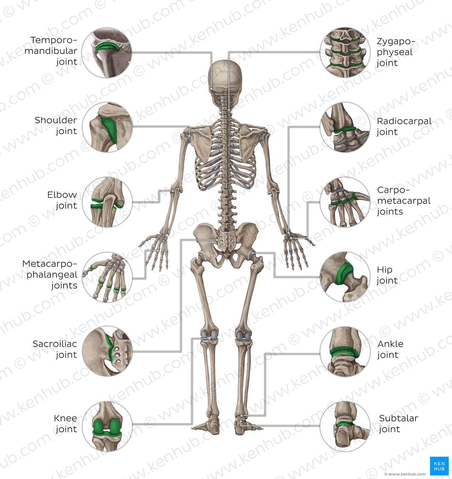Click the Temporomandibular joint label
click(x=51, y=51)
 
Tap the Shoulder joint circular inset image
click(x=108, y=127)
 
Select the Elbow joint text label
click(x=62, y=200)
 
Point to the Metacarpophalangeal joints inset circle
click(x=107, y=277)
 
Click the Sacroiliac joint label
click(x=55, y=349)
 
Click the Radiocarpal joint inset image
click(x=345, y=127)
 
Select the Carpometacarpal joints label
click(x=404, y=201)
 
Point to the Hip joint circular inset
click(x=345, y=277)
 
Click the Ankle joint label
click(x=390, y=349)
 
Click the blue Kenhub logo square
click(x=439, y=466)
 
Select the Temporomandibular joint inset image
click(x=107, y=52)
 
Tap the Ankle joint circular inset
click(x=345, y=351)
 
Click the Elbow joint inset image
click(x=107, y=202)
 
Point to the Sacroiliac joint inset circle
click(x=107, y=351)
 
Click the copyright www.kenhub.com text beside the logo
click(x=405, y=474)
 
